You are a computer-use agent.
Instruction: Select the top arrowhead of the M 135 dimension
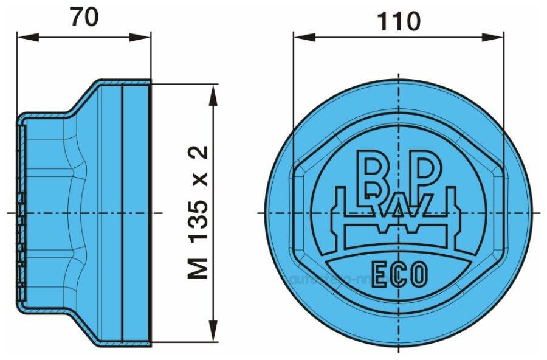coord(213,91)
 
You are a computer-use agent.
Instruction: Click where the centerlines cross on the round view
coord(399,213)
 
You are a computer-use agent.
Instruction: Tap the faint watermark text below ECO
coord(328,280)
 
